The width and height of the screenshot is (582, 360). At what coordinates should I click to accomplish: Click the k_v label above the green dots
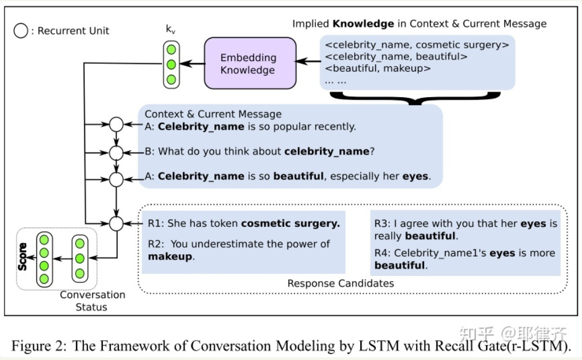(171, 30)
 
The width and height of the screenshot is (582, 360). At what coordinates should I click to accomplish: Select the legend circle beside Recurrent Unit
(20, 31)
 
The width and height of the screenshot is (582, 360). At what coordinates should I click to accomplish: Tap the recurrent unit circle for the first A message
(116, 125)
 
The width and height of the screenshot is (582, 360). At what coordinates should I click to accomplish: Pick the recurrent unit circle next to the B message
(116, 152)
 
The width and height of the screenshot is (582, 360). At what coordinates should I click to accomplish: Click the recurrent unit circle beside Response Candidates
(116, 224)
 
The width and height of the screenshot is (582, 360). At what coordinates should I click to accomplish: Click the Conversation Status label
(92, 301)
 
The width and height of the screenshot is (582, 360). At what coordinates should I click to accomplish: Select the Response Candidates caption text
(340, 283)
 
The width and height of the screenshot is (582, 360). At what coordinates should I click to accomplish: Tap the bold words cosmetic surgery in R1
(290, 224)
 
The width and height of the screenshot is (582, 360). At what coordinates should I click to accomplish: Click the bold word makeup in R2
(170, 256)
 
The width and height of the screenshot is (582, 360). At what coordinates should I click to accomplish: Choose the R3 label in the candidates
(383, 224)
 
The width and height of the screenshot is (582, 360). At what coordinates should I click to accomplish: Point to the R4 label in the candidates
(383, 253)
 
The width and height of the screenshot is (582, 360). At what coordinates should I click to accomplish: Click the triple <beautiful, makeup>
(377, 69)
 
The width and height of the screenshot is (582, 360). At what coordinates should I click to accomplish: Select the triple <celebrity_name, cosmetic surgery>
(417, 44)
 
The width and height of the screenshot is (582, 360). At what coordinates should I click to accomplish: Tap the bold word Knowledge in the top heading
(363, 23)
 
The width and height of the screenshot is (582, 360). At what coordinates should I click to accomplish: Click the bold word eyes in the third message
(415, 176)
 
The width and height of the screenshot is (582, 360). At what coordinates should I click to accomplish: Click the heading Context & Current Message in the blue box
(213, 114)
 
